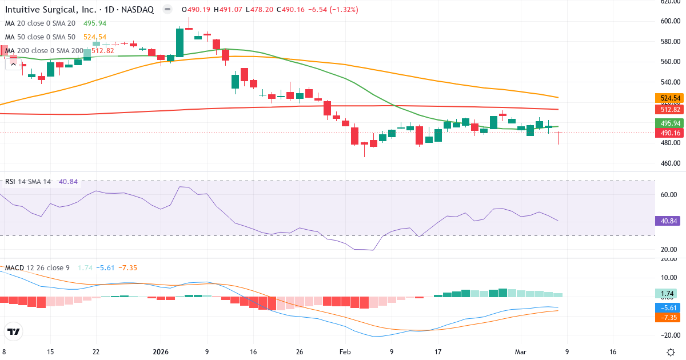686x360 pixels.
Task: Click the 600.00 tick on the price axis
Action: (x=669, y=21)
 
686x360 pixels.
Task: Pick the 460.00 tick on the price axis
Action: (x=669, y=163)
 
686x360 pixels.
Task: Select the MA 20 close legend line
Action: (x=40, y=23)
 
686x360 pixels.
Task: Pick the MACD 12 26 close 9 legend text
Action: (x=38, y=268)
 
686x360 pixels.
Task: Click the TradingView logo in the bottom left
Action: (x=14, y=331)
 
